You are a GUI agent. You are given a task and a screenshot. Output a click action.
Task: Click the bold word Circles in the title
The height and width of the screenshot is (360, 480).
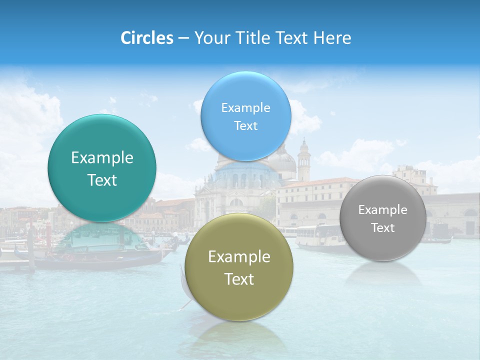(146, 38)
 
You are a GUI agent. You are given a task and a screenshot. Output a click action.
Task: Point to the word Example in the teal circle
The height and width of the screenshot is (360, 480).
(102, 158)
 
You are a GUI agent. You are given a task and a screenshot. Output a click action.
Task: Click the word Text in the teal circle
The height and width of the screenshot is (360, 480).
(102, 180)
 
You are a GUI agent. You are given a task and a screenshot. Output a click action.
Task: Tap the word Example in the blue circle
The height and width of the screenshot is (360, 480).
(245, 108)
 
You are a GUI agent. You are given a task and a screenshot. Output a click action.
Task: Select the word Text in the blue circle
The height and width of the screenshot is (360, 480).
(245, 126)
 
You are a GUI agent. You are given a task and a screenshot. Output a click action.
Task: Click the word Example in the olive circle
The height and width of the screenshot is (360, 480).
(239, 257)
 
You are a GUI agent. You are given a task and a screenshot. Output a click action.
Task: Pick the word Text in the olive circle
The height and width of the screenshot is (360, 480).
(239, 279)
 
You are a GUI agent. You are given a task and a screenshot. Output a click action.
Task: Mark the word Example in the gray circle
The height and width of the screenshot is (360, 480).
(382, 210)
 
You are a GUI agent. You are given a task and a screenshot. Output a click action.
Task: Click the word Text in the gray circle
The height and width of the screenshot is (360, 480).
(382, 228)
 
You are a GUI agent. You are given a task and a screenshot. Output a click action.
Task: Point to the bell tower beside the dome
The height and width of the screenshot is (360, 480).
(303, 160)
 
